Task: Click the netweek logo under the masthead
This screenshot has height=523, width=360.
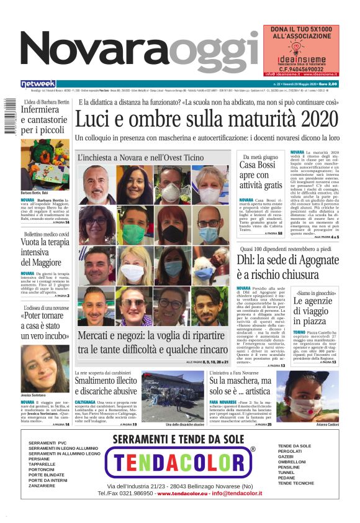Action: click(x=38, y=83)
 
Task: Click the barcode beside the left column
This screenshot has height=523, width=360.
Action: click(x=9, y=115)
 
